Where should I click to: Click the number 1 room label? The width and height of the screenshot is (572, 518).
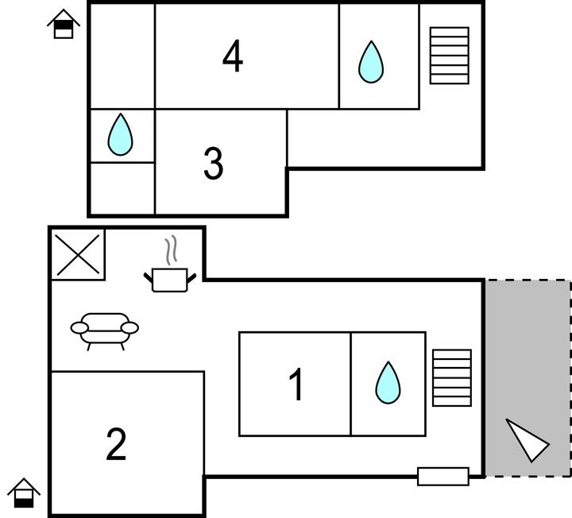[x=296, y=385]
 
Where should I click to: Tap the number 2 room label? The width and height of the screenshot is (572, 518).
[x=116, y=445]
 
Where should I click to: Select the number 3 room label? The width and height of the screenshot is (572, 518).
[x=213, y=164]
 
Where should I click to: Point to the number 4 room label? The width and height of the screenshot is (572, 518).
[x=232, y=57]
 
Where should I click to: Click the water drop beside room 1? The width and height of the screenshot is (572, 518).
[x=388, y=383]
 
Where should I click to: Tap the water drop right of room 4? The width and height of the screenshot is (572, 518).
[x=370, y=62]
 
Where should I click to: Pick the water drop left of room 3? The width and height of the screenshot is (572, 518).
[x=120, y=134]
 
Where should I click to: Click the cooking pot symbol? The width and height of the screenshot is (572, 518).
[x=169, y=279]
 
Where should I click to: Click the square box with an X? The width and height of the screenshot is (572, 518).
[x=78, y=254]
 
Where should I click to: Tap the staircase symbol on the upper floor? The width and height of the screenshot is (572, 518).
[x=449, y=56]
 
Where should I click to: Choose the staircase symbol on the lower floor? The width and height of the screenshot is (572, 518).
[x=451, y=377]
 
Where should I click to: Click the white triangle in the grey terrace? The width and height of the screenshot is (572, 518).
[x=526, y=440]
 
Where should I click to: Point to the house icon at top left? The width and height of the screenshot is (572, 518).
[x=63, y=25]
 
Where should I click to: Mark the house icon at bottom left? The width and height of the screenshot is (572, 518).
[x=25, y=493]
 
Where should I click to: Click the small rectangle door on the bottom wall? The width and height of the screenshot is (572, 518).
[x=443, y=477]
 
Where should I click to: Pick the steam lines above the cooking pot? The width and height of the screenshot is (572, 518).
[x=170, y=252]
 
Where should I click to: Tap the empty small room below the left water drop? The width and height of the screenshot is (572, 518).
[x=121, y=188]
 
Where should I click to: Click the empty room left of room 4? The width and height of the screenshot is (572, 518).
[x=122, y=56]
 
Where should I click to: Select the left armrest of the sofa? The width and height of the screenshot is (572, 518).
[x=79, y=327]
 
